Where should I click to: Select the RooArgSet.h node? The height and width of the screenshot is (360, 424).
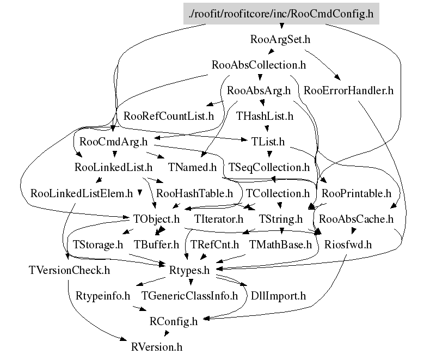click(x=280, y=40)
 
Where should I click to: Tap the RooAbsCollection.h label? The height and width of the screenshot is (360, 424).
click(x=259, y=65)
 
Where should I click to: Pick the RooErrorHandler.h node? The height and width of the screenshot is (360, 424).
click(x=348, y=91)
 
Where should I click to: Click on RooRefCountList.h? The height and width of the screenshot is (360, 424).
click(x=169, y=116)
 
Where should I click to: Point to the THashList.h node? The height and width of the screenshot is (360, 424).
click(x=265, y=116)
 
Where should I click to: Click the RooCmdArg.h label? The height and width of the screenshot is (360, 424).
click(x=113, y=142)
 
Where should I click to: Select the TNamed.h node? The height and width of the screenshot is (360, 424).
click(x=192, y=167)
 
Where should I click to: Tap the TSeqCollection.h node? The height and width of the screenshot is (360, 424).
click(x=269, y=167)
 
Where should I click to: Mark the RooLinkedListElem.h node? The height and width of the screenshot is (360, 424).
click(x=82, y=193)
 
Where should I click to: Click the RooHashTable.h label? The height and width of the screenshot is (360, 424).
click(x=194, y=193)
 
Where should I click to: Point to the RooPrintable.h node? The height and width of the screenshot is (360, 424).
click(x=357, y=193)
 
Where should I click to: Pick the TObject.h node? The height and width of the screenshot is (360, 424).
click(x=156, y=219)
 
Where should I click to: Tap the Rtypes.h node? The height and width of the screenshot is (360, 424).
click(x=189, y=271)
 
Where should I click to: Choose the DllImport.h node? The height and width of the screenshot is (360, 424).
click(x=278, y=296)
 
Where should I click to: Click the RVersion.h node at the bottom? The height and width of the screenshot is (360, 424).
click(x=157, y=346)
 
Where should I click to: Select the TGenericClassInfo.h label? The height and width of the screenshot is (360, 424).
click(x=189, y=296)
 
